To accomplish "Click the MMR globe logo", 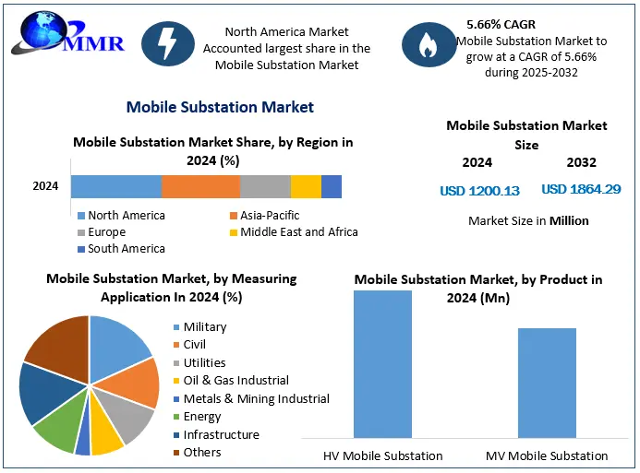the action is pos(67,33).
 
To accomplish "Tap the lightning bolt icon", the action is pos(168,43).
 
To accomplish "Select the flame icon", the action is pos(429,44).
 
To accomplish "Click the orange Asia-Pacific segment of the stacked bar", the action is pos(200,186).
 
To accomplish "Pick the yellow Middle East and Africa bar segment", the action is pos(306,186).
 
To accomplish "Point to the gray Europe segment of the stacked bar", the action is pos(265,186).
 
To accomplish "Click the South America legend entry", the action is pos(121,249).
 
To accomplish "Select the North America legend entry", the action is pos(121,215).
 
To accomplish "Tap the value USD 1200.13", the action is pos(479,191).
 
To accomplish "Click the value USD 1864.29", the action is pos(581,189).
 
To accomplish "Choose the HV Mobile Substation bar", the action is pos(383,364).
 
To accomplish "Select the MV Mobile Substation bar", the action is pos(547,383).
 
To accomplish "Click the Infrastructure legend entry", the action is pos(216,434).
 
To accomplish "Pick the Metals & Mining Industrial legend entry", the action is pos(251,398).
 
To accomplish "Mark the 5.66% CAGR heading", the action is pos(501,25).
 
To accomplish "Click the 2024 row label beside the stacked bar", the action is pos(45,186).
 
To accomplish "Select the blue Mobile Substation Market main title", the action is pos(220,107).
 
